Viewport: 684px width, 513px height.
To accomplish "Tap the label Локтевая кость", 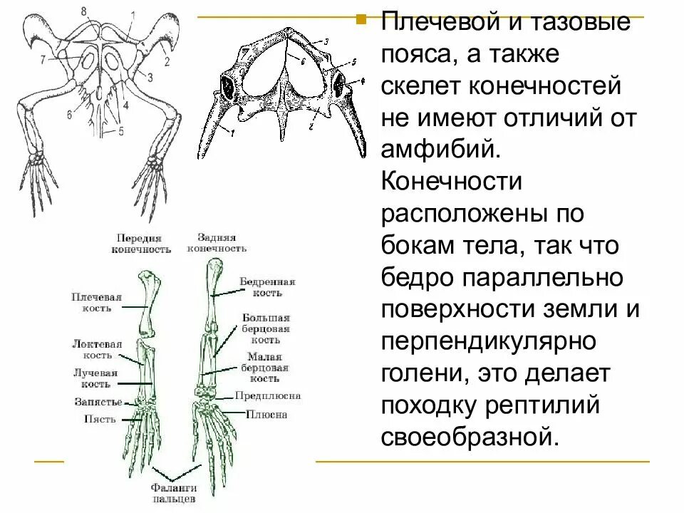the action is [96, 348].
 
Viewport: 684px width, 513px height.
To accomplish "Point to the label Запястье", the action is [97, 402].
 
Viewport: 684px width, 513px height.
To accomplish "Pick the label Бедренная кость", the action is [266, 287].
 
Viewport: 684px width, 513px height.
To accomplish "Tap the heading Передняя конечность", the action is [141, 244].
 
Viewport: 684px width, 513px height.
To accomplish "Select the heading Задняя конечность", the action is [217, 243].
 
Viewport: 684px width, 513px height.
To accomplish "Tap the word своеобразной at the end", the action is [468, 435].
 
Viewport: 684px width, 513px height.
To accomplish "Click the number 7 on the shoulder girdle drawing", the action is [43, 59].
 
